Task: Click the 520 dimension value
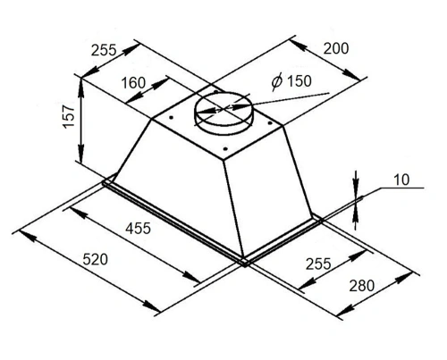tap(95, 259)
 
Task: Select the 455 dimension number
tap(138, 229)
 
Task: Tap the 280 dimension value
tap(362, 286)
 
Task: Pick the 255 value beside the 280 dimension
tap(318, 264)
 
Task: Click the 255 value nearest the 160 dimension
tap(104, 50)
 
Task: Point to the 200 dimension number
tap(336, 48)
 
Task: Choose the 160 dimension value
tap(133, 83)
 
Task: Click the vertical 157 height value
tap(69, 116)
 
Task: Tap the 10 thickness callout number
tap(401, 180)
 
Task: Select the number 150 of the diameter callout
tap(299, 80)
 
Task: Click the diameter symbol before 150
tap(276, 81)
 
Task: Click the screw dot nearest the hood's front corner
tap(225, 148)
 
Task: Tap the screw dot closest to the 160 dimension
tap(171, 118)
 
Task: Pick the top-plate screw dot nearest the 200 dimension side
tap(269, 122)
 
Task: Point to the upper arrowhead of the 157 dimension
tap(80, 86)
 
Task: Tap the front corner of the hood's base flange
tap(245, 264)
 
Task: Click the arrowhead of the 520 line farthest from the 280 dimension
tap(28, 235)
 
